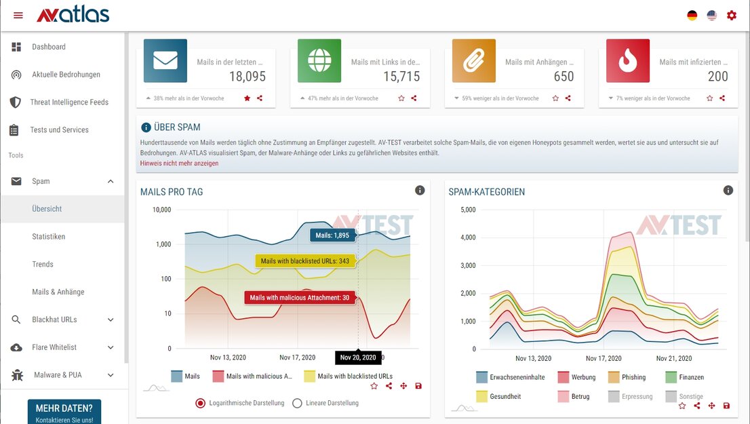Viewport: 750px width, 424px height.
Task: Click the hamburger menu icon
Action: point(18,16)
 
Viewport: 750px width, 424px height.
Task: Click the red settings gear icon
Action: point(731,16)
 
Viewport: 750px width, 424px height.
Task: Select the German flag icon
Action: point(692,16)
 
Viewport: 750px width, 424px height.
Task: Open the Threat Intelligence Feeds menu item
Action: point(69,102)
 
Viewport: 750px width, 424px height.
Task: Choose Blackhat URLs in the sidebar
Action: point(54,320)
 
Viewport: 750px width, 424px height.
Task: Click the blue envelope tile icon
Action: point(165,61)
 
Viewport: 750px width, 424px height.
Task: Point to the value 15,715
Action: point(401,77)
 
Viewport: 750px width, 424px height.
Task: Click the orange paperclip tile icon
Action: point(474,61)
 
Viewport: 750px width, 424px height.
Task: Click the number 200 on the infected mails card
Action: point(717,77)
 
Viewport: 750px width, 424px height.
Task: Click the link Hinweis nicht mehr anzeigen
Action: point(179,163)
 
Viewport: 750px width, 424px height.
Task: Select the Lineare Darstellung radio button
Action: point(297,403)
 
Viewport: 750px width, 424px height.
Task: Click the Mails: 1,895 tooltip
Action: point(332,235)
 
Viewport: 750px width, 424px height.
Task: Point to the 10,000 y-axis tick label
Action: point(161,210)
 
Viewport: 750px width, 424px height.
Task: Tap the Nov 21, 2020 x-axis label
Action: point(674,358)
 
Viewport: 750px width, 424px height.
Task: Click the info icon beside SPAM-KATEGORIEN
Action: point(728,191)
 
